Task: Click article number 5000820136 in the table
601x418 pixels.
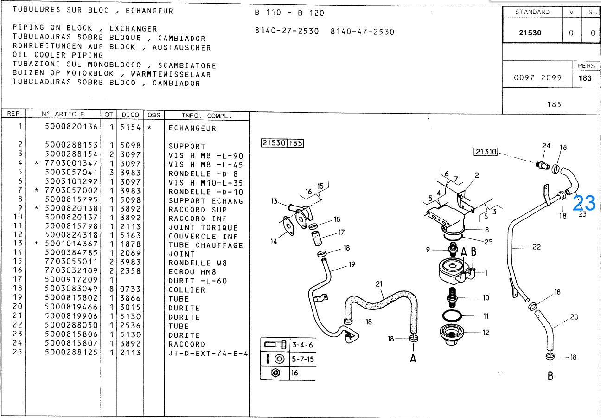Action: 71,127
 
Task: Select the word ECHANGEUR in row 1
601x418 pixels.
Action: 192,128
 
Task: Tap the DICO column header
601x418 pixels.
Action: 130,115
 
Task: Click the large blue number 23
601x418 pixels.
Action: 584,203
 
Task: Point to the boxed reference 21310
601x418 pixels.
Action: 486,152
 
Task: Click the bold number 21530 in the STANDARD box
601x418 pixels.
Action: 530,33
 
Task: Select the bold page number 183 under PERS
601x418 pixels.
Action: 585,78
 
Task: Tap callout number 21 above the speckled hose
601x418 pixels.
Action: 379,284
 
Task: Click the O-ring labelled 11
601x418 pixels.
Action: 452,316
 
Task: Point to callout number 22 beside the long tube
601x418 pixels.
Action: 537,247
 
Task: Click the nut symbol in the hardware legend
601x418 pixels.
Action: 275,373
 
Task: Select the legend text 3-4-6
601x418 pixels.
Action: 303,345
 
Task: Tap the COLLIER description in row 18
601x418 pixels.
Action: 187,290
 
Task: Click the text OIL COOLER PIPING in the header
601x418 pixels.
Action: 58,55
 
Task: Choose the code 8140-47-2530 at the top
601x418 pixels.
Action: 362,32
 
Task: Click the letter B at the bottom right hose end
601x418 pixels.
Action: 550,376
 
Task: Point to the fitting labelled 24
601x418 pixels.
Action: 543,165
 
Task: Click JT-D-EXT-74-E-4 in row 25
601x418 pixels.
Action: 208,354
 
